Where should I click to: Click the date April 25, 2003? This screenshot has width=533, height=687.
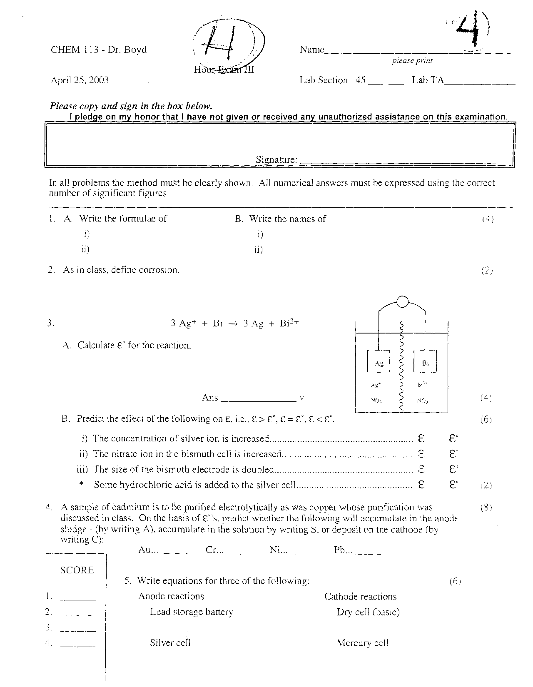pyautogui.click(x=80, y=80)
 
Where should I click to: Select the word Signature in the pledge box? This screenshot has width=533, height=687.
pyautogui.click(x=276, y=160)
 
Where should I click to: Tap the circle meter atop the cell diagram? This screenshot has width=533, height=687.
pyautogui.click(x=402, y=301)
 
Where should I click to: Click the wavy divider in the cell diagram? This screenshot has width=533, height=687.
pyautogui.click(x=402, y=366)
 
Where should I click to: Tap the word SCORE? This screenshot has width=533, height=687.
pyautogui.click(x=77, y=570)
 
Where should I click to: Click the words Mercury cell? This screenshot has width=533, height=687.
pyautogui.click(x=362, y=643)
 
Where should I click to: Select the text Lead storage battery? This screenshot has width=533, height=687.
pyautogui.click(x=192, y=612)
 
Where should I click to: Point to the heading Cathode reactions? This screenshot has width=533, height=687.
pyautogui.click(x=360, y=597)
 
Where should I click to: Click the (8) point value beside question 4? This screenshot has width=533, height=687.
pyautogui.click(x=486, y=508)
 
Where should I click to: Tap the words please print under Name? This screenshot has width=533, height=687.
pyautogui.click(x=412, y=61)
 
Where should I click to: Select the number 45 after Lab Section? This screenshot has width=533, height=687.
pyautogui.click(x=360, y=80)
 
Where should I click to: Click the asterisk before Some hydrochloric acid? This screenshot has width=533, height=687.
pyautogui.click(x=82, y=484)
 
